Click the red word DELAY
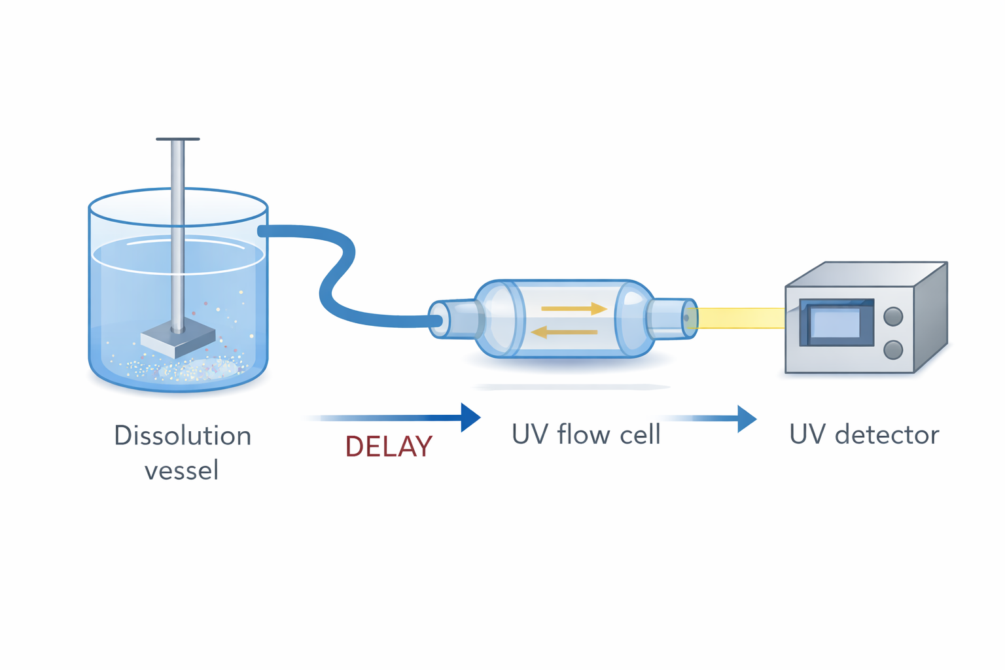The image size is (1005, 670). pos(389,447)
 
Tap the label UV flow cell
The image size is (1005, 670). pos(586,435)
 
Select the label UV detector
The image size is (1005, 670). pos(864,435)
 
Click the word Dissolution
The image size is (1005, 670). pos(183,436)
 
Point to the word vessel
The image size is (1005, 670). pos(181,470)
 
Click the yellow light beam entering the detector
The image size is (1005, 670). pos(739,318)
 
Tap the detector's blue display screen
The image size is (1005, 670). pos(836,323)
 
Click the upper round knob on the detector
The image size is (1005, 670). pos(893,317)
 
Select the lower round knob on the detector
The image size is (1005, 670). pos(893,349)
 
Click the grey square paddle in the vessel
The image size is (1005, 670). pos(177,340)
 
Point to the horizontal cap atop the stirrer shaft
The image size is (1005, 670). pos(177,139)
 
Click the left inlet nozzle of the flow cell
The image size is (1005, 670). pos(451,319)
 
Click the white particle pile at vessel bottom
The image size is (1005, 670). pos(196,369)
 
